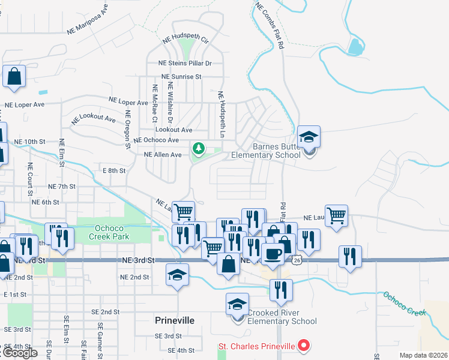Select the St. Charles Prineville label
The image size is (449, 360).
[257, 346]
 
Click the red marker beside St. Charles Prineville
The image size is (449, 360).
[304, 346]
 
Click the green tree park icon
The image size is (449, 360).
[198, 148]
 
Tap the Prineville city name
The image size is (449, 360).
[175, 320]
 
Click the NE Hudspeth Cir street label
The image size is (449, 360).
[185, 39]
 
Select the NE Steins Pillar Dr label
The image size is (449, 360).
[185, 63]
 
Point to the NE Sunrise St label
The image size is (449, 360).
[181, 77]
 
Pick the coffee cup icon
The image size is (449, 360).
[273, 253]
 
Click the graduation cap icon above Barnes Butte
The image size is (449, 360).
[309, 137]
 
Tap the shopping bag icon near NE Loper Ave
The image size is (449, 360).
[14, 77]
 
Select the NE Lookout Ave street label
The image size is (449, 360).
[93, 119]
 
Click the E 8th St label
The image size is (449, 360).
[114, 171]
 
